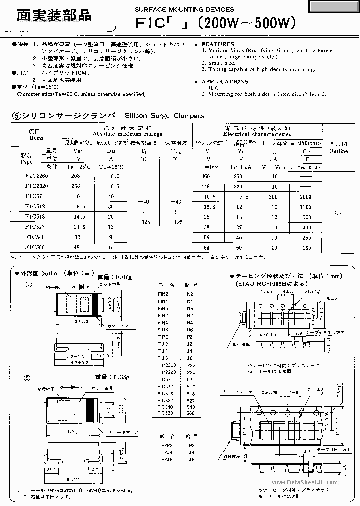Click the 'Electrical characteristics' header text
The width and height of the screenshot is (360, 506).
[x=257, y=134]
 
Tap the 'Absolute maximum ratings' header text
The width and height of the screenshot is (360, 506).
[x=128, y=134]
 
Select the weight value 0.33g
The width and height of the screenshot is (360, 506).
[x=120, y=376]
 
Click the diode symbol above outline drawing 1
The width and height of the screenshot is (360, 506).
[x=83, y=288]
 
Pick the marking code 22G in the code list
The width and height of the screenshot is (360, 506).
[x=191, y=365]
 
